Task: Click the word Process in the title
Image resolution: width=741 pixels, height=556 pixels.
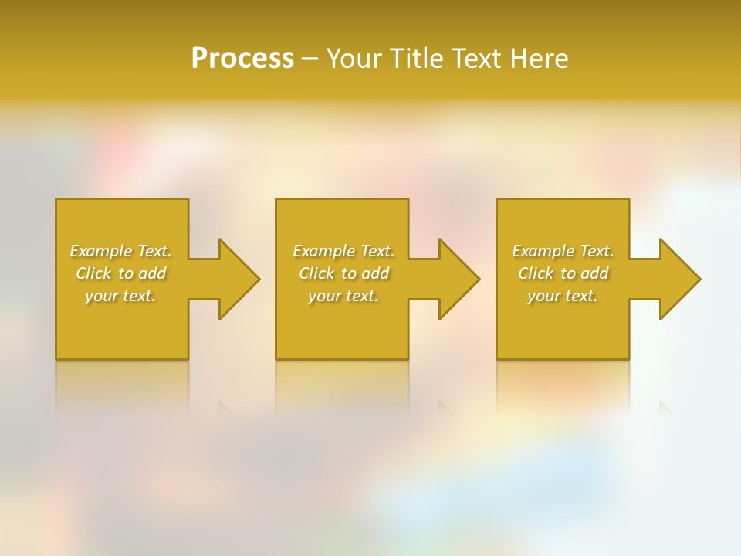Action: coord(242,59)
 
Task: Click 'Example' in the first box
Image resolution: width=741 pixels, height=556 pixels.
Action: coord(100,251)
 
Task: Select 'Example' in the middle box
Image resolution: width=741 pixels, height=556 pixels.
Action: coord(323,251)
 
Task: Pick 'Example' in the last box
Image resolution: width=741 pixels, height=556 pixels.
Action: coord(543,251)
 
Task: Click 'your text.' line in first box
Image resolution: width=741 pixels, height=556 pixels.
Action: coord(120,296)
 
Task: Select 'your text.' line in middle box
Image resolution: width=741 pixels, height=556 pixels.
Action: coord(343,296)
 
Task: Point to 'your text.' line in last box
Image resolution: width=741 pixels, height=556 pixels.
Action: coord(563,296)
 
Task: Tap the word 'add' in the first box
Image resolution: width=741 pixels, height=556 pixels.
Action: coord(153,273)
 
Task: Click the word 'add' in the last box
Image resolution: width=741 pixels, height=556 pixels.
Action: coord(595,273)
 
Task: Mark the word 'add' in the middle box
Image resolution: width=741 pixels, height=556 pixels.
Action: coord(376,273)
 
